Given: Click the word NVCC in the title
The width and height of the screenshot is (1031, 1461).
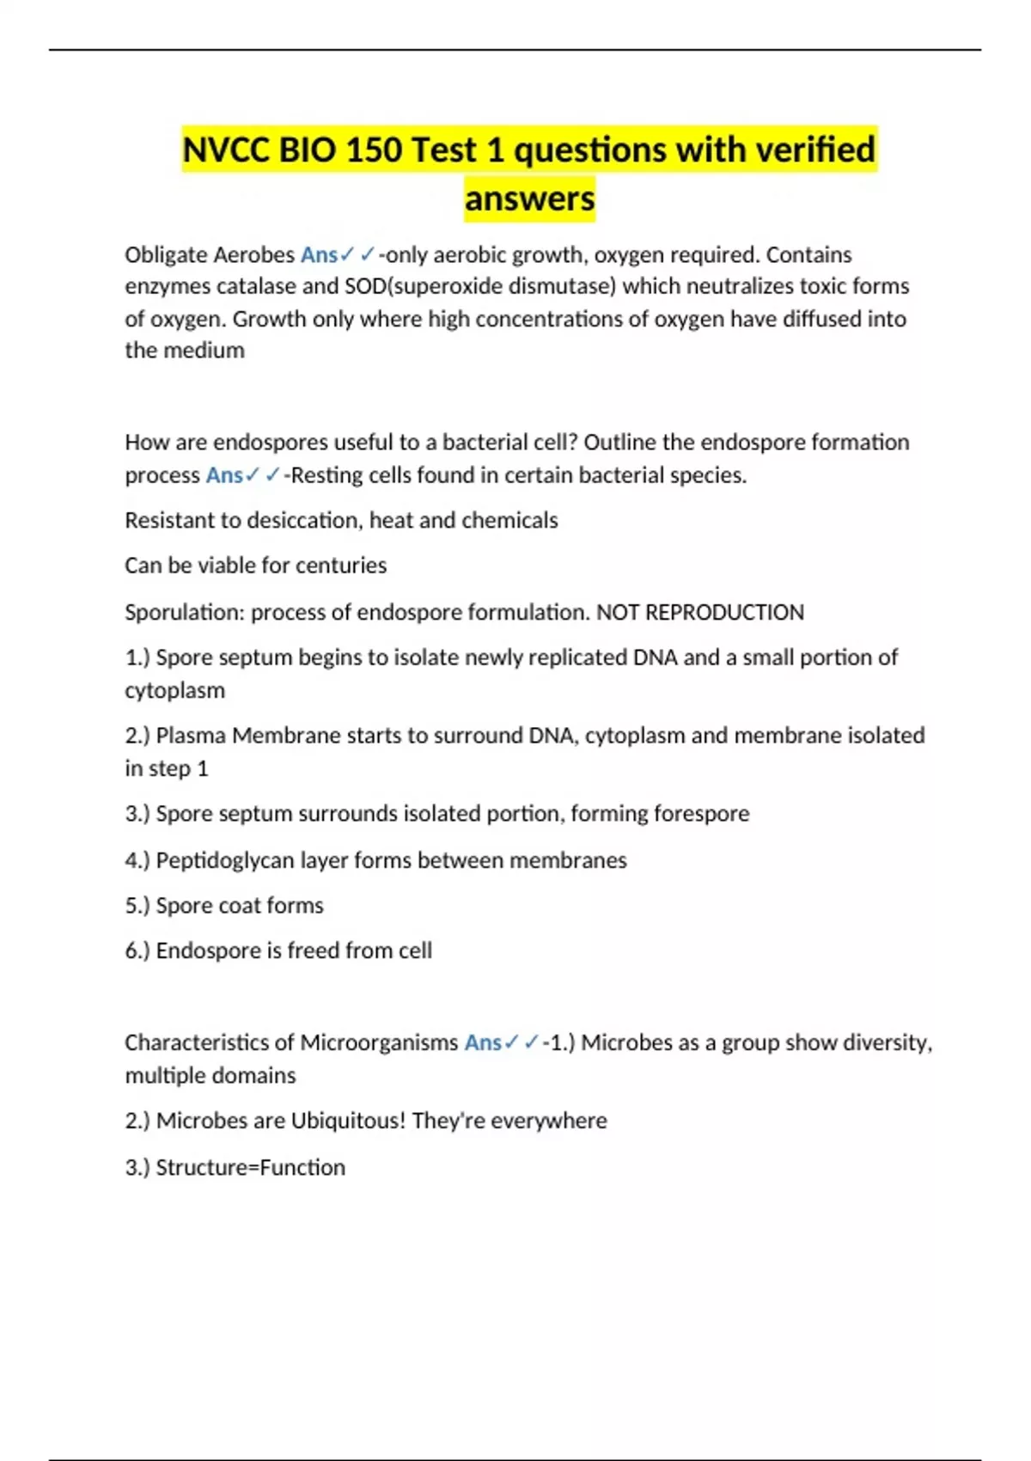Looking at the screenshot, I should click(226, 150).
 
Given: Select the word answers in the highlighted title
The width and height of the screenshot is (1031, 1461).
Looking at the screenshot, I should click(529, 199).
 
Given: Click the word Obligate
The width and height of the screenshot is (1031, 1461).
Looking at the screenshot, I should click(165, 255).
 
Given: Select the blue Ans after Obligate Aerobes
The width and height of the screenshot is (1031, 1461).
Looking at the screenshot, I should click(319, 255).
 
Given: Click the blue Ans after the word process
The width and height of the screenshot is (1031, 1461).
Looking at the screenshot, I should click(224, 475).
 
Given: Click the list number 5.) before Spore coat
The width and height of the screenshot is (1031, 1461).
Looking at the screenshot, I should click(137, 906).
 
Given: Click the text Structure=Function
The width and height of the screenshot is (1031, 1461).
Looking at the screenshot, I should click(250, 1167).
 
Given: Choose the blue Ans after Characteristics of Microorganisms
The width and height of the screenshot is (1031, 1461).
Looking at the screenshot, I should click(483, 1042).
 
